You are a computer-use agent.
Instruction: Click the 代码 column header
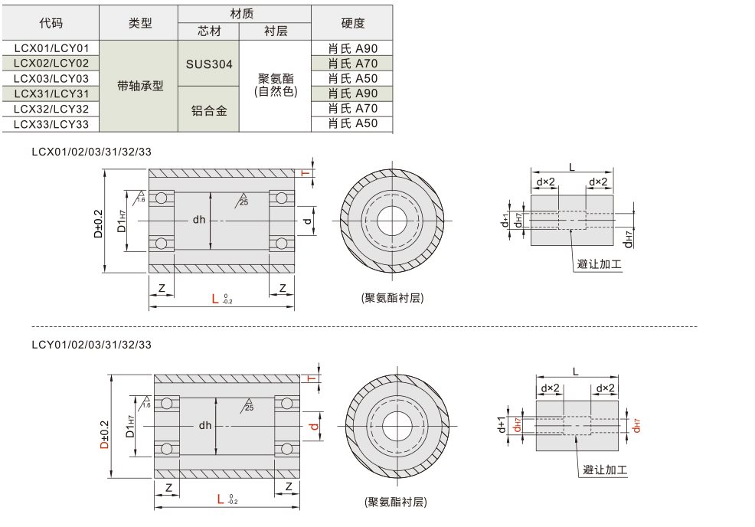pyautogui.click(x=51, y=24)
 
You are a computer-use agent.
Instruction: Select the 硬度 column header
pyautogui.click(x=352, y=24)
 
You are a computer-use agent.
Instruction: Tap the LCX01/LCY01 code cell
pyautogui.click(x=51, y=48)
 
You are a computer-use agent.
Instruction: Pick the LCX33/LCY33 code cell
pyautogui.click(x=51, y=124)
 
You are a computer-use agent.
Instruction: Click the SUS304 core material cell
pyautogui.click(x=209, y=64)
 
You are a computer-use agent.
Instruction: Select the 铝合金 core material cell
pyautogui.click(x=209, y=110)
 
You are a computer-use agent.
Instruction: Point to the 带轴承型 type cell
pyautogui.click(x=140, y=86)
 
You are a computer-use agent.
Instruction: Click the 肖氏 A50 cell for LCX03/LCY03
pyautogui.click(x=352, y=79)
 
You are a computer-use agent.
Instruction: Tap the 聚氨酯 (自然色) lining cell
pyautogui.click(x=276, y=85)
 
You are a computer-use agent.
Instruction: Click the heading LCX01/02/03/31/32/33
pyautogui.click(x=92, y=152)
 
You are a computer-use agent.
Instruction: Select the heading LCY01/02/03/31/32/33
pyautogui.click(x=92, y=345)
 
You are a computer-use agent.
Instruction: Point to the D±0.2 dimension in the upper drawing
pyautogui.click(x=99, y=222)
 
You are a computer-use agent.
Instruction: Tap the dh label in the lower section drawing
pyautogui.click(x=205, y=425)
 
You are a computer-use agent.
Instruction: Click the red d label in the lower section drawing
pyautogui.click(x=313, y=426)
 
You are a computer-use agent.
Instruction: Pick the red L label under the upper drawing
pyautogui.click(x=215, y=299)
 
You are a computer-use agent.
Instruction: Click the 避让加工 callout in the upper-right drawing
pyautogui.click(x=599, y=264)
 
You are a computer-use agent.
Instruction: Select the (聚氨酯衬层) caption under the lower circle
pyautogui.click(x=395, y=502)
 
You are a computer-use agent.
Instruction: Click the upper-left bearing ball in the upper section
pyautogui.click(x=162, y=198)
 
